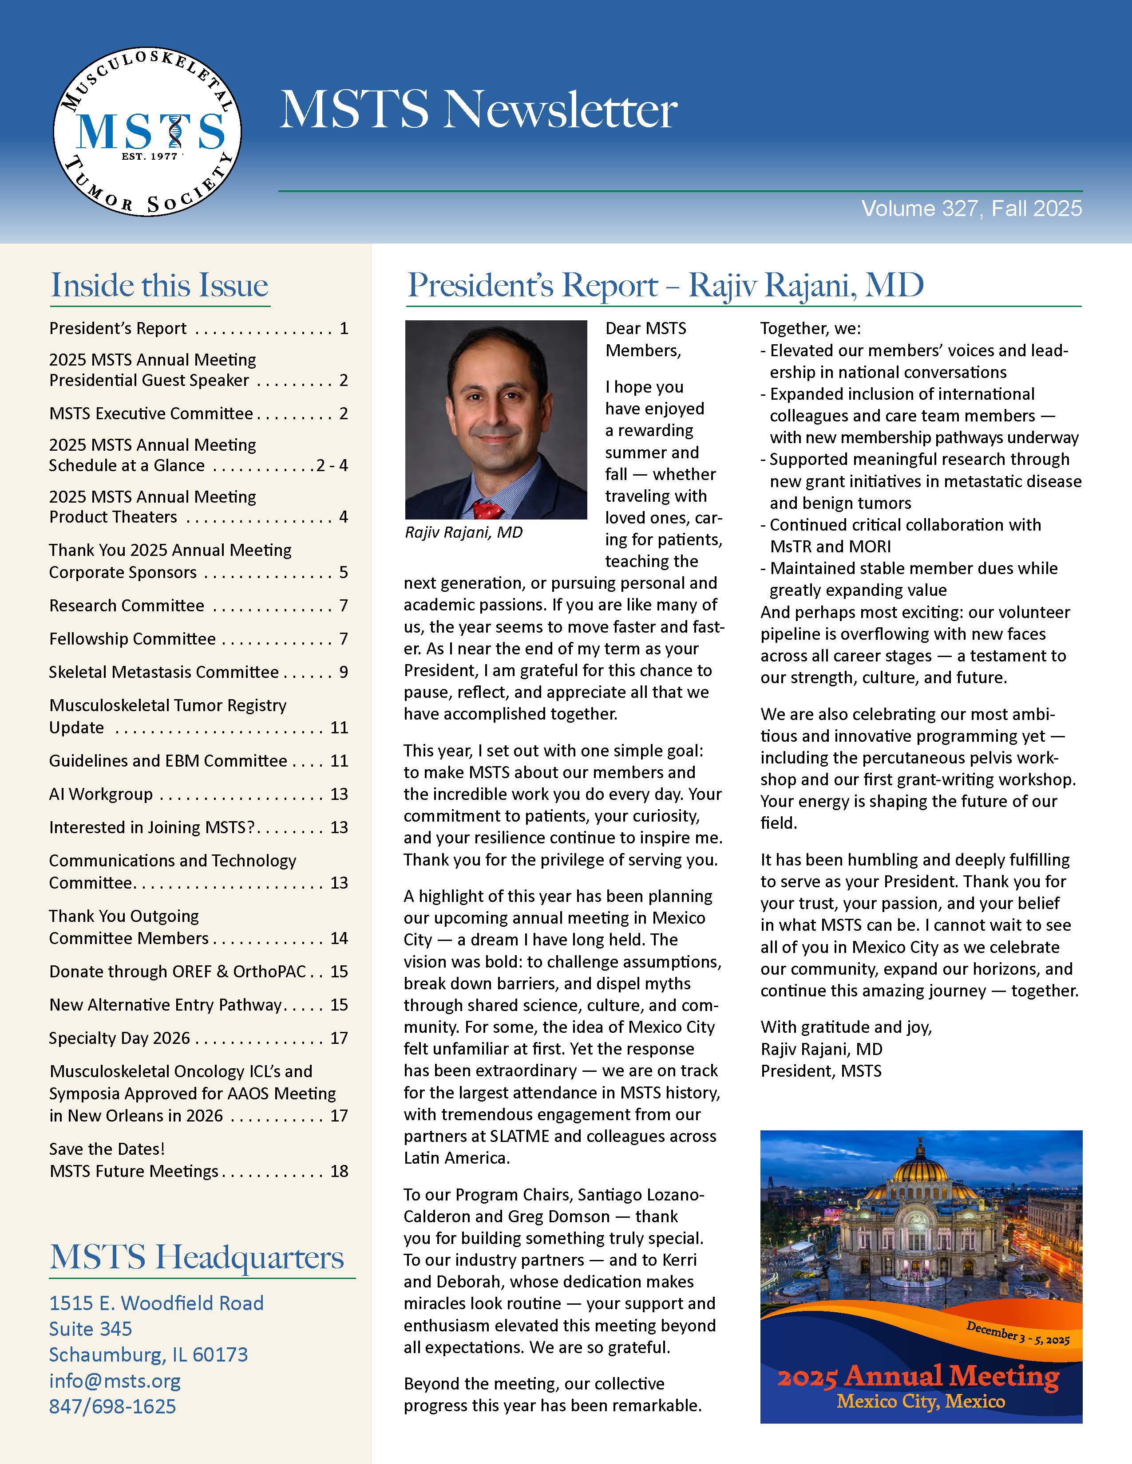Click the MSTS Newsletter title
click(x=478, y=109)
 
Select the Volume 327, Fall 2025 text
click(x=971, y=209)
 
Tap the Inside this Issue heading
click(x=160, y=285)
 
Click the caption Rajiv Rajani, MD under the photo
click(x=463, y=532)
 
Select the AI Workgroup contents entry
click(x=101, y=795)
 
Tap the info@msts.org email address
click(x=115, y=1381)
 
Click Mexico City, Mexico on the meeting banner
click(x=921, y=1401)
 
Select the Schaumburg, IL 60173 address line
click(x=148, y=1355)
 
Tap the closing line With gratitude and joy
click(x=846, y=1027)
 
